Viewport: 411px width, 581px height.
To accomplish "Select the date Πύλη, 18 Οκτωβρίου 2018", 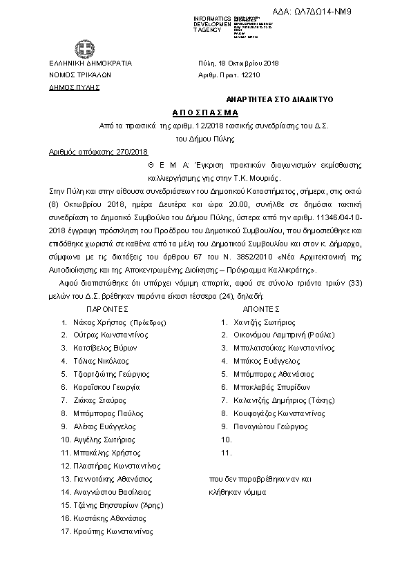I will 238,62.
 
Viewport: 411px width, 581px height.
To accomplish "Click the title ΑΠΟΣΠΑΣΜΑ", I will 204,112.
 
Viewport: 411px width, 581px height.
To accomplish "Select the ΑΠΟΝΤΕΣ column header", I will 261,309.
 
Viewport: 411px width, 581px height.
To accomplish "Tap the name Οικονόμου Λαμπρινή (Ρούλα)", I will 284,335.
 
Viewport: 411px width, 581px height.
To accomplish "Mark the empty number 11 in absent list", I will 225,453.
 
